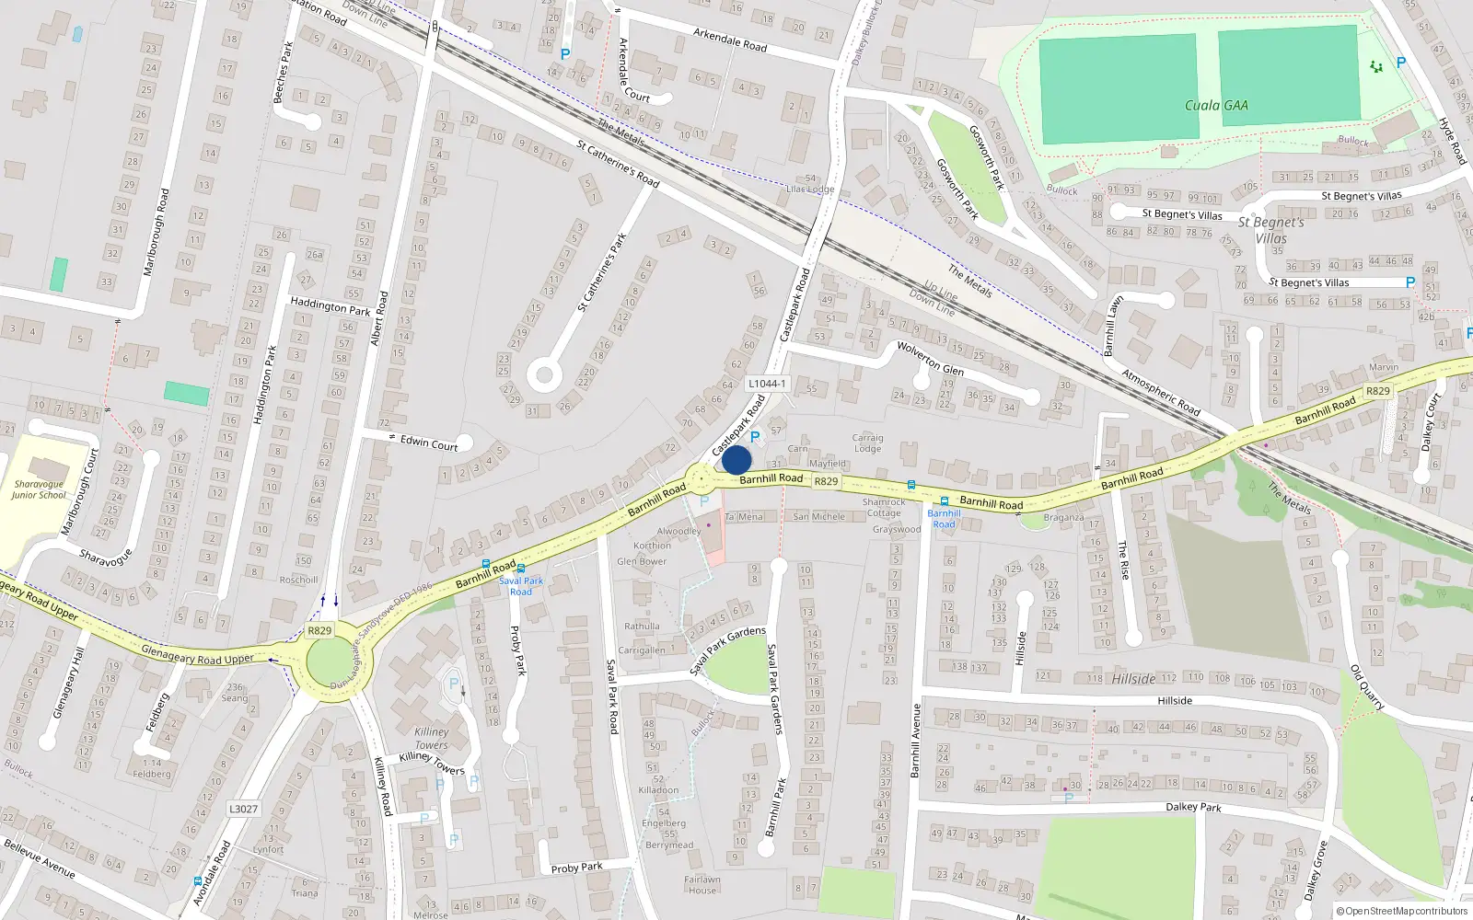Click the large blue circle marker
point(736,460)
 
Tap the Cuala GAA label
point(1216,106)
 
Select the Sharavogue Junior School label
point(39,489)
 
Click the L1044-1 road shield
point(767,384)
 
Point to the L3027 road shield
point(243,809)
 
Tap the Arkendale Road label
point(730,40)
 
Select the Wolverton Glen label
point(930,358)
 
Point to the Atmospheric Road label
point(1161,392)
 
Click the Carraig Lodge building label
point(867,443)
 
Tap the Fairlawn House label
point(702,885)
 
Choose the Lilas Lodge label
point(810,190)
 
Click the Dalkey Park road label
point(1194,807)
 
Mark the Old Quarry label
point(1367,686)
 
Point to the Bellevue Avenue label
point(40,857)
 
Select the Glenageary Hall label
point(68,683)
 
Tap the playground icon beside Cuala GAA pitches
point(1376,66)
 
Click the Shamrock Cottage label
point(884,508)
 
